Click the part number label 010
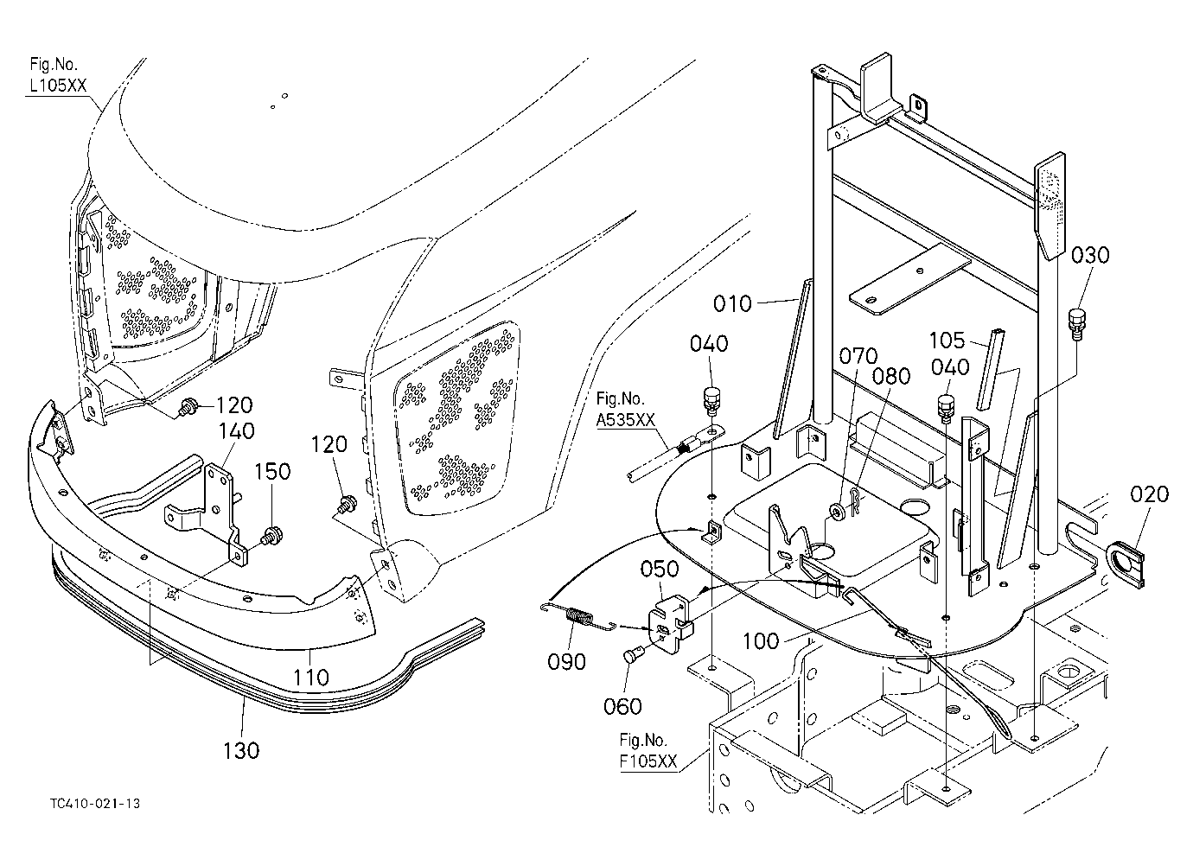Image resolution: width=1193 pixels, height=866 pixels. coord(732,304)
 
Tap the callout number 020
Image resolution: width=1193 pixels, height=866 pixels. coord(1149,494)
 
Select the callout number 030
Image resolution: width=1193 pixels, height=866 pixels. coord(1090,256)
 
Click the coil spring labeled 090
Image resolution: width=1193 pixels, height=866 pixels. coord(577,620)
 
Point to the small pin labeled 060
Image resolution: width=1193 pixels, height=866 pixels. coord(630,656)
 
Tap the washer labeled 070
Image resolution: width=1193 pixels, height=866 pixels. coord(840,513)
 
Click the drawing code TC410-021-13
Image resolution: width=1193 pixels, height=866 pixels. coord(95,803)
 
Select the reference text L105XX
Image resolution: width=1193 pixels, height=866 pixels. coord(58,86)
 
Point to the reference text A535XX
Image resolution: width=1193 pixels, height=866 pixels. coord(625,420)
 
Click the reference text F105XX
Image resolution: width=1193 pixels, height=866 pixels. coord(648,761)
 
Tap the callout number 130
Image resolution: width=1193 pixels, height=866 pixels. coord(241,751)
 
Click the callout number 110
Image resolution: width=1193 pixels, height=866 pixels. coord(311,678)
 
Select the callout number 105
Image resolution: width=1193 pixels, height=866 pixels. coord(947,341)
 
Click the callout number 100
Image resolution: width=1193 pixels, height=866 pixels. coord(761,640)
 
